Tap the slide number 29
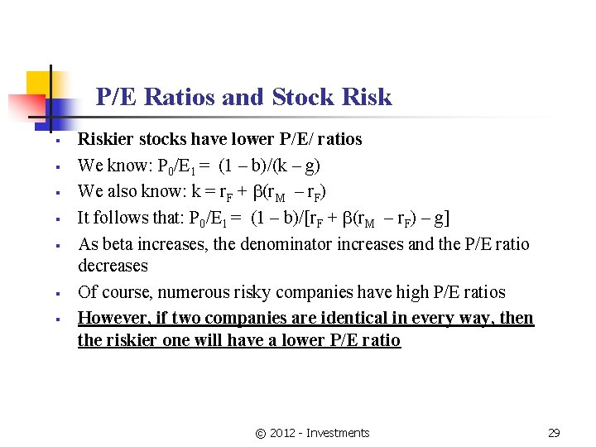tap(555, 433)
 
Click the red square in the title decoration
tap(25, 107)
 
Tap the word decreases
tap(113, 266)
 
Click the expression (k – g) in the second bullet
tap(299, 166)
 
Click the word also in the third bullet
tap(126, 191)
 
